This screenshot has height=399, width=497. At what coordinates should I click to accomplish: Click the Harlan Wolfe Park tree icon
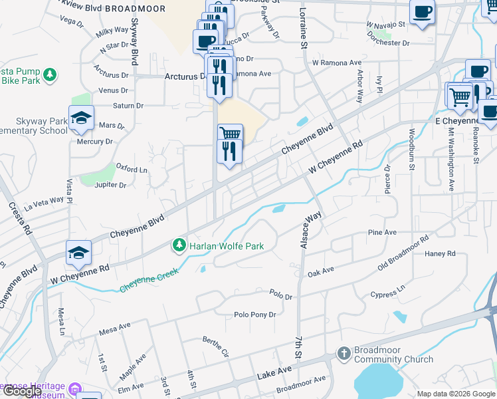pyautogui.click(x=179, y=246)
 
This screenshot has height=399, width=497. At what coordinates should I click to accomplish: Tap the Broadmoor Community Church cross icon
pyautogui.click(x=344, y=352)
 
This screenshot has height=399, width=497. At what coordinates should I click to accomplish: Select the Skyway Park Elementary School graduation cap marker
pyautogui.click(x=81, y=118)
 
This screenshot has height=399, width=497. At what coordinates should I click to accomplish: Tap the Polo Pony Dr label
pyautogui.click(x=254, y=315)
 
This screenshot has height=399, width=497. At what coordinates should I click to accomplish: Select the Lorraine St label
pyautogui.click(x=303, y=32)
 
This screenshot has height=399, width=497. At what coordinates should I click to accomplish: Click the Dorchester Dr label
pyautogui.click(x=387, y=43)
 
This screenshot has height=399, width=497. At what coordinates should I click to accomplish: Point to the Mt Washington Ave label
pyautogui.click(x=450, y=160)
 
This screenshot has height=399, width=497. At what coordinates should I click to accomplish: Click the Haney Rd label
pyautogui.click(x=440, y=253)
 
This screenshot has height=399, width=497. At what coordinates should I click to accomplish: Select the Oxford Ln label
pyautogui.click(x=132, y=170)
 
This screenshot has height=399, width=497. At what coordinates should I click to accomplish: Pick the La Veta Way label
pyautogui.click(x=45, y=201)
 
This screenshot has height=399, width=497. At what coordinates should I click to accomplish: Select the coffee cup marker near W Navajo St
pyautogui.click(x=423, y=11)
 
